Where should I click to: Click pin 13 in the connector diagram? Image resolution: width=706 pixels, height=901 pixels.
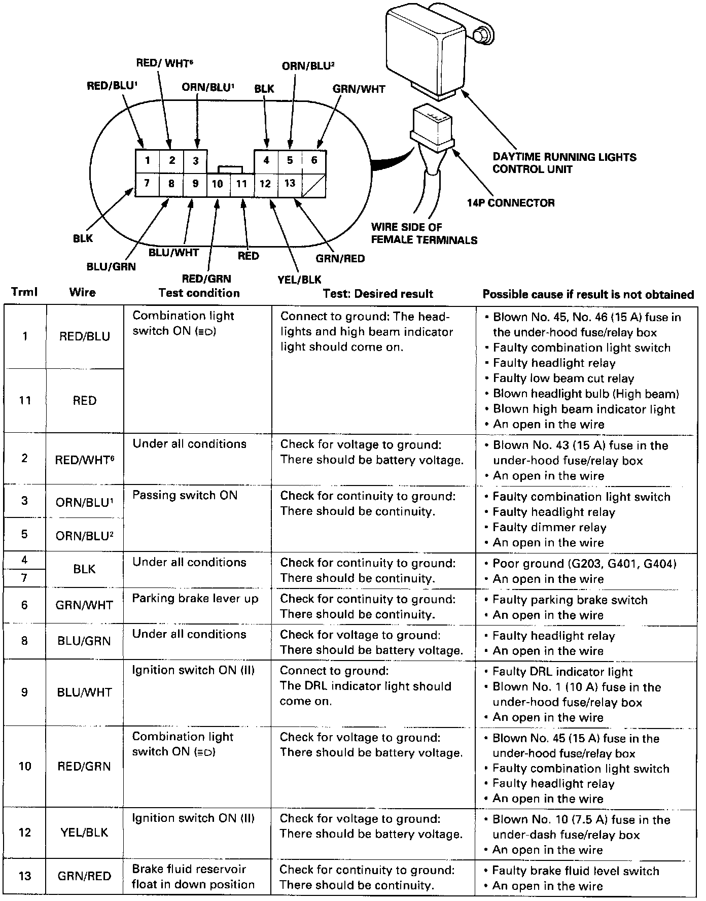pos(290,183)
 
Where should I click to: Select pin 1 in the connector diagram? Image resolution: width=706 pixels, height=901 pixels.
pos(147,161)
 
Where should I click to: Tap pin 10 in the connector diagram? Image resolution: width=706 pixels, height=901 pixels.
pos(218,184)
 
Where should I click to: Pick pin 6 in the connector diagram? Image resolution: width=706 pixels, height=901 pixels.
pos(314,160)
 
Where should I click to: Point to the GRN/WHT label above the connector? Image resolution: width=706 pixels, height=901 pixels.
pos(359,89)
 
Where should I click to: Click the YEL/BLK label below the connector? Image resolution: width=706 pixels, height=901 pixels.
pos(299,279)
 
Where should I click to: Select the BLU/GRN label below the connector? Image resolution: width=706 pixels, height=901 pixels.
pos(111,266)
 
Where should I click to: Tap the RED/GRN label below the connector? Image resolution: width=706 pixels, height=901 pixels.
pos(206,279)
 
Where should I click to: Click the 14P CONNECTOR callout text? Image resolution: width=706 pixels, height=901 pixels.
pos(511,203)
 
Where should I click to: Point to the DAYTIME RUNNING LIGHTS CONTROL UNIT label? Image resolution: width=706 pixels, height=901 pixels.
pos(564,163)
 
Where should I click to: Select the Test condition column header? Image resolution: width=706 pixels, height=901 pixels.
pos(199,293)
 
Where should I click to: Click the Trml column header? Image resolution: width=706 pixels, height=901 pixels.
pos(24,292)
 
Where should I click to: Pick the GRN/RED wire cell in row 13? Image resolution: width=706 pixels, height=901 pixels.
pos(84,876)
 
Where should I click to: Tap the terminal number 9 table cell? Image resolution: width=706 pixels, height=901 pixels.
pos(24,692)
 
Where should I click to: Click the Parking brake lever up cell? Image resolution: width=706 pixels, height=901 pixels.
pos(195,599)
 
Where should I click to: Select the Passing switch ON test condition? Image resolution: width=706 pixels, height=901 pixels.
pos(185,495)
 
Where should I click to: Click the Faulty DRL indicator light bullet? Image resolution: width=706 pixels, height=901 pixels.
pos(562,672)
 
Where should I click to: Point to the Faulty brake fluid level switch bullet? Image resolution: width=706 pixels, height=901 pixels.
pos(576,871)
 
